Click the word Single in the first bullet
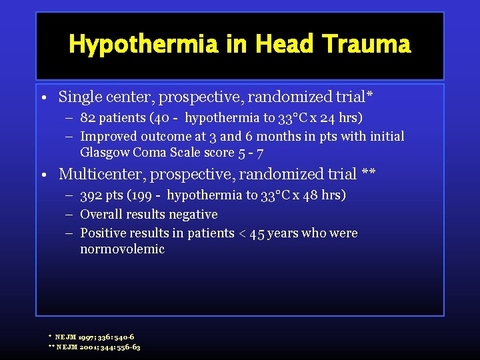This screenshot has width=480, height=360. (x=79, y=97)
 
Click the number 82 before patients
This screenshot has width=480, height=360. (x=88, y=118)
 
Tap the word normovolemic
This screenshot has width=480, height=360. (x=122, y=249)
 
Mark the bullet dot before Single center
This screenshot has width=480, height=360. (x=43, y=98)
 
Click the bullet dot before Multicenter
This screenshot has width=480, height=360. (x=43, y=175)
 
